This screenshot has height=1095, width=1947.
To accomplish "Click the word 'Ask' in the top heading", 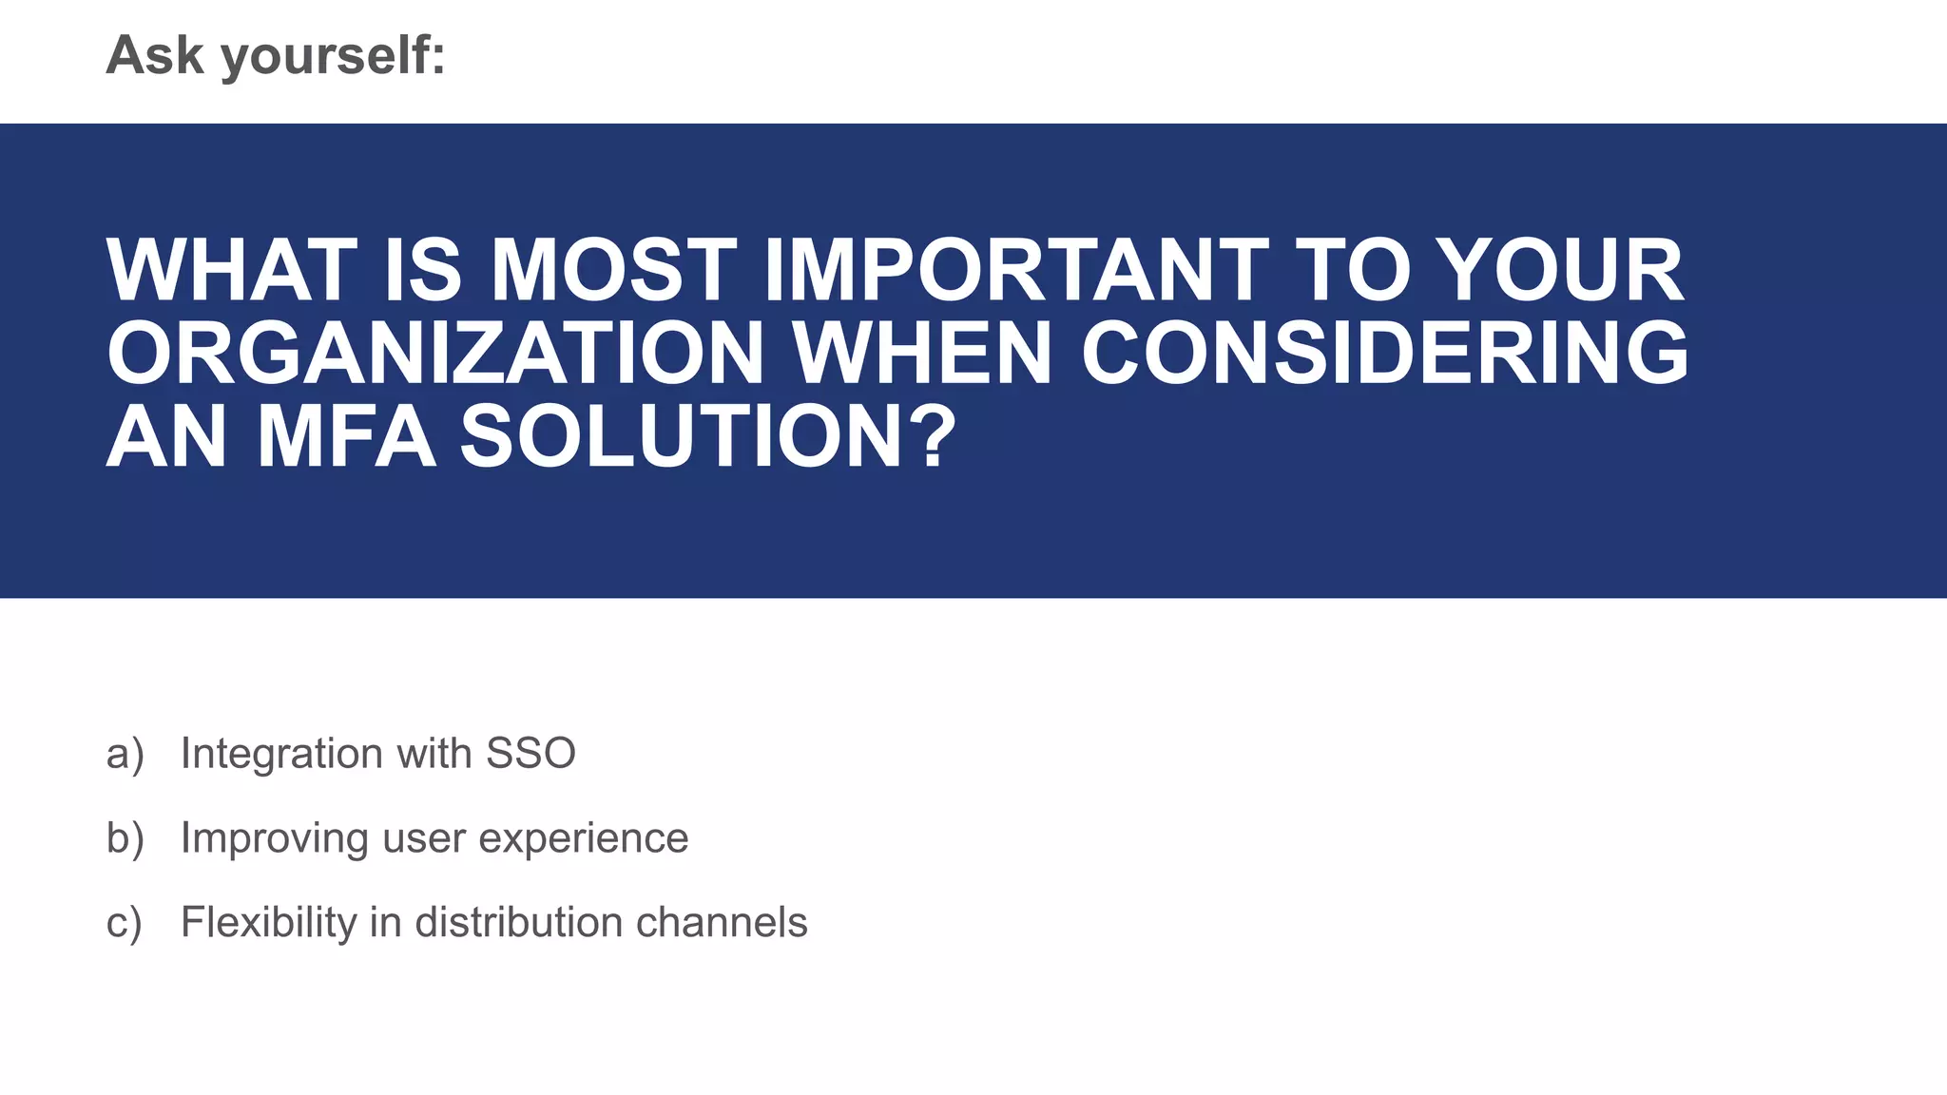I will (154, 55).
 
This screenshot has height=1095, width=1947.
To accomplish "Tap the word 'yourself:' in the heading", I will (333, 57).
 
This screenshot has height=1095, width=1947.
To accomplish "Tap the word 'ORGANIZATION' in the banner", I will (435, 354).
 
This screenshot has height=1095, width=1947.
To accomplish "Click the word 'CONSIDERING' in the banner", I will (1384, 354).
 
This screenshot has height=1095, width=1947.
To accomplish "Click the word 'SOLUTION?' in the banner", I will (708, 437).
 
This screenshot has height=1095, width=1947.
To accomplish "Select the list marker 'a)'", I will (125, 755).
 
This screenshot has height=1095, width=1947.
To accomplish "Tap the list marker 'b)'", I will (125, 838).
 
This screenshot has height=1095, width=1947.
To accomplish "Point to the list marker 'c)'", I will (125, 923).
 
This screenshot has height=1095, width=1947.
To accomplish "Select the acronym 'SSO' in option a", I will (530, 754).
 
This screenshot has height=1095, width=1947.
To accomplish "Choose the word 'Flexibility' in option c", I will (268, 923).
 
